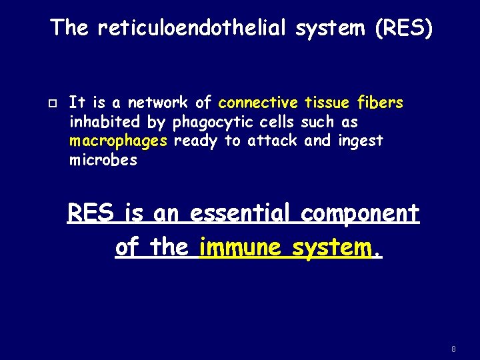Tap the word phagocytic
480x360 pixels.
point(207,123)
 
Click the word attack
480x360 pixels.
point(273,141)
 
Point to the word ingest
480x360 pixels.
point(361,142)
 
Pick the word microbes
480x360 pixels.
point(103,161)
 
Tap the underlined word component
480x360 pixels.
point(360,215)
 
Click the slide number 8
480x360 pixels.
point(454,349)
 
